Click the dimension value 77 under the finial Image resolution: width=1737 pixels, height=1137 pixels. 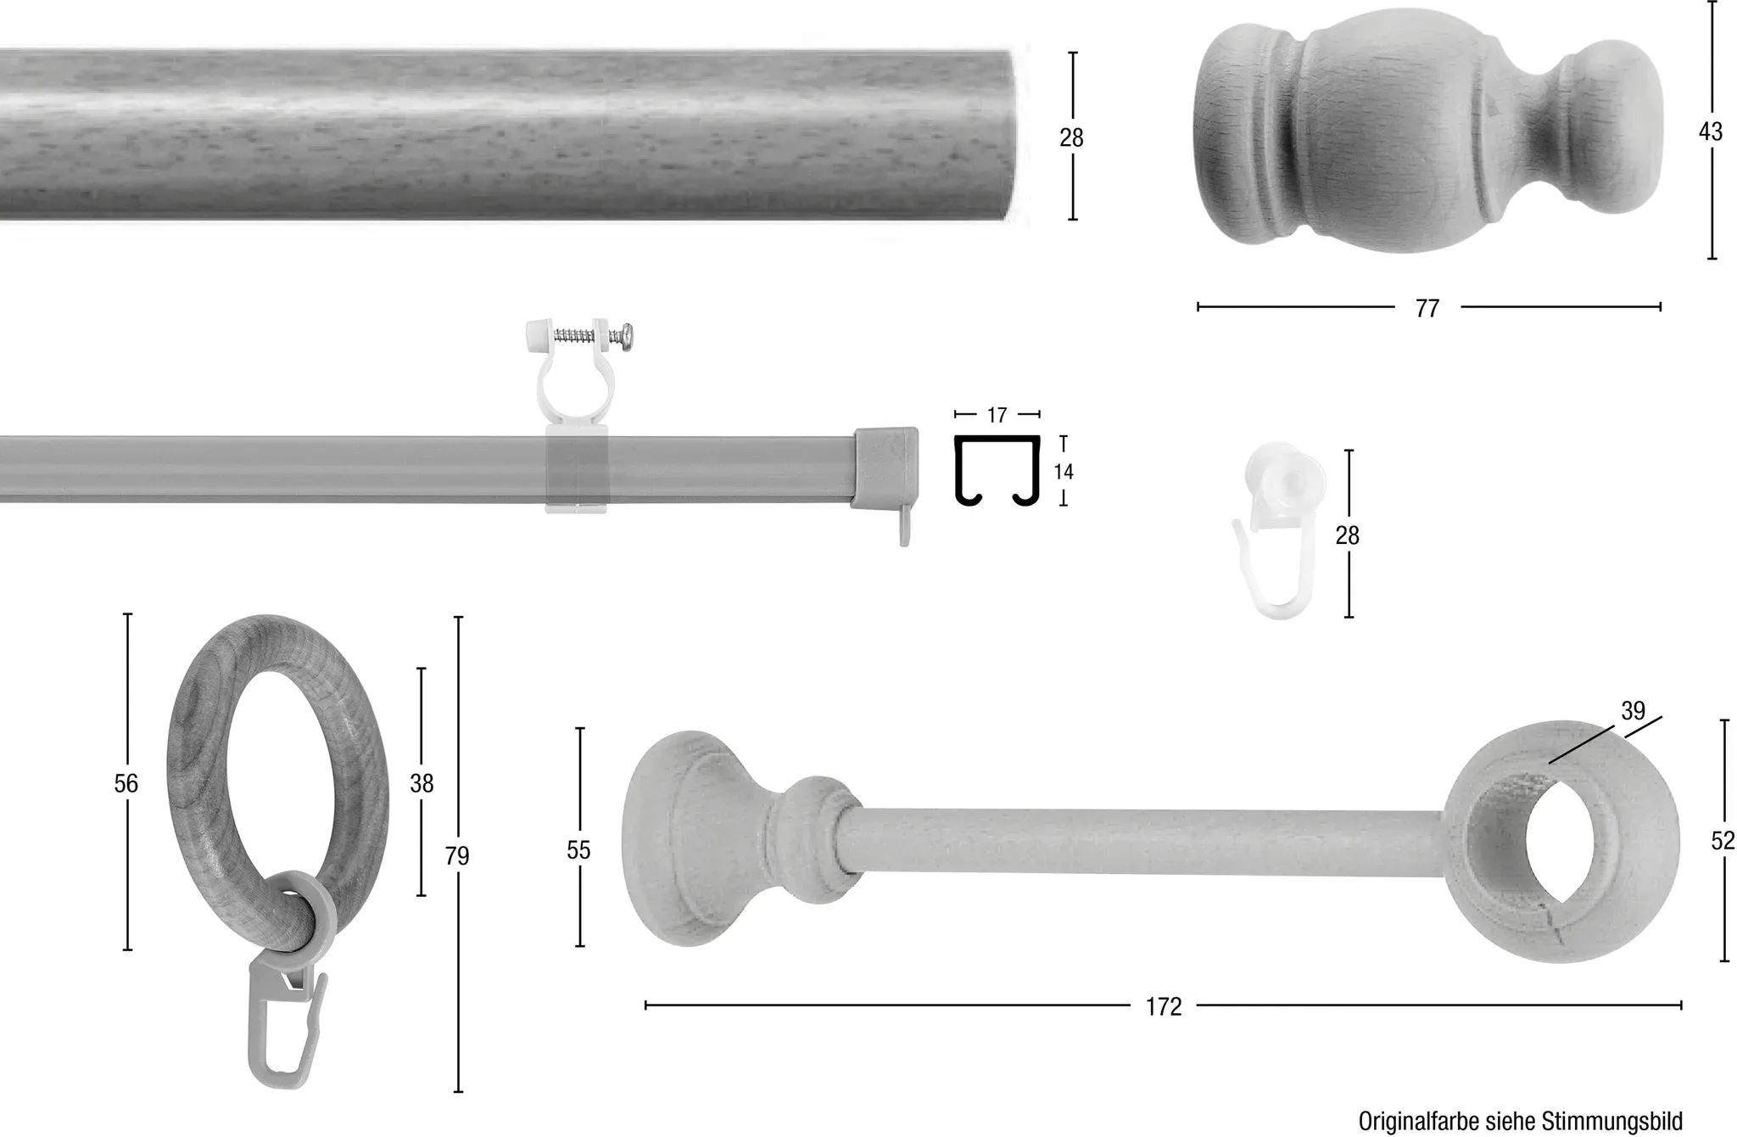point(1427,308)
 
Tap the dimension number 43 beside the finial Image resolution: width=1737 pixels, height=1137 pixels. point(1711,132)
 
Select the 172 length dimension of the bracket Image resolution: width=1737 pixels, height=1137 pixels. point(1164,1006)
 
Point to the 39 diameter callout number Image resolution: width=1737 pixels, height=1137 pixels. point(1633,711)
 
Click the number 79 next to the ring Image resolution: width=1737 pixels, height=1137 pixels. point(457,856)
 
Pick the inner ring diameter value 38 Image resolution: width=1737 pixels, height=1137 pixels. point(422,783)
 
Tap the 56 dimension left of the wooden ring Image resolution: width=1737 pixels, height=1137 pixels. point(126,783)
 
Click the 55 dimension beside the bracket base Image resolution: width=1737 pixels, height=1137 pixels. point(578,850)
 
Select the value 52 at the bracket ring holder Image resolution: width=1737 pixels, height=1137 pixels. point(1723,841)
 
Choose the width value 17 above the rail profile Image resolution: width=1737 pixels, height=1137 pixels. point(997,415)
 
